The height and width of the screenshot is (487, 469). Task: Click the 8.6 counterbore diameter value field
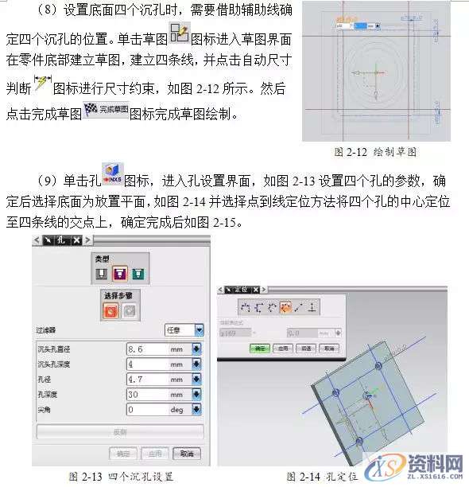pyautogui.click(x=146, y=348)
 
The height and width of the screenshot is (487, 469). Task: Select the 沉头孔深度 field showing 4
pyautogui.click(x=146, y=364)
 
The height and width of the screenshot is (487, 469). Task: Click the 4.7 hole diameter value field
pyautogui.click(x=146, y=379)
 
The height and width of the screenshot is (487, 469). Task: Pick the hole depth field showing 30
pyautogui.click(x=146, y=394)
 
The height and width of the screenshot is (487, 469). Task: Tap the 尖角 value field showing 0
pyautogui.click(x=146, y=409)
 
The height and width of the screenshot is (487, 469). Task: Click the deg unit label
pyautogui.click(x=176, y=409)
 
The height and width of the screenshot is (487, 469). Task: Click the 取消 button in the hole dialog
pyautogui.click(x=186, y=453)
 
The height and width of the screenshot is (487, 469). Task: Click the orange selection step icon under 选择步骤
pyautogui.click(x=110, y=310)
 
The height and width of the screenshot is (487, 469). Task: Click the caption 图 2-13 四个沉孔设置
pyautogui.click(x=121, y=476)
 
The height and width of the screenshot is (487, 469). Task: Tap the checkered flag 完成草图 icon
pyautogui.click(x=106, y=112)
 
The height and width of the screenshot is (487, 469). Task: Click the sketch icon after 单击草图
pyautogui.click(x=180, y=34)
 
